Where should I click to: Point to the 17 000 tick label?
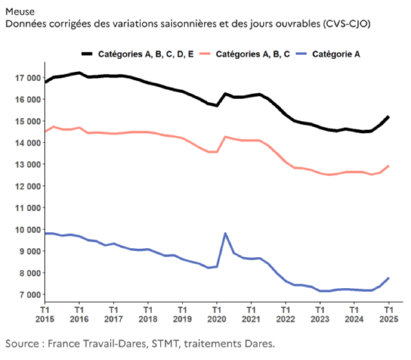tap(24, 77)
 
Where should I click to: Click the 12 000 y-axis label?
tap(24, 186)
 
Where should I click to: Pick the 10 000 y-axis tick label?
tap(24, 229)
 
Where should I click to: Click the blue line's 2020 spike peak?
tap(225, 233)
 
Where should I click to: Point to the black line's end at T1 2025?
tap(389, 116)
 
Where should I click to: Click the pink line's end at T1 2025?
tap(389, 166)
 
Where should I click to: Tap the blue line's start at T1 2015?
tap(45, 233)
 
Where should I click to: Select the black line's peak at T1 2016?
tap(79, 73)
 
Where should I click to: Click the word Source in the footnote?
tap(22, 344)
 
